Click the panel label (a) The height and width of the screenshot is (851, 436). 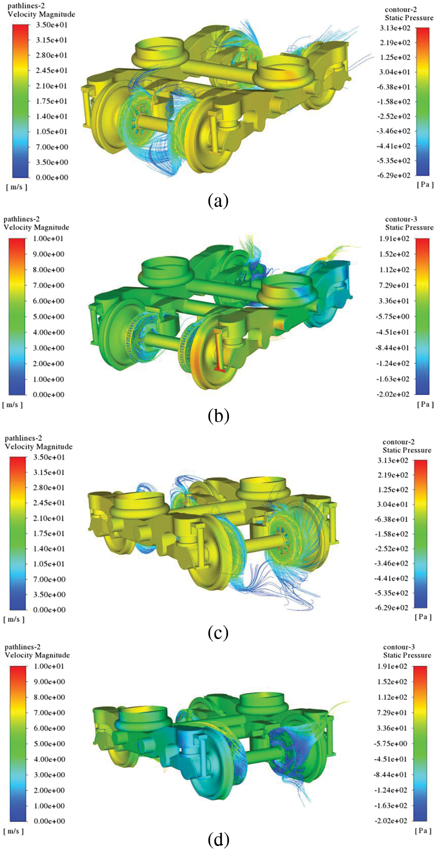tap(218, 200)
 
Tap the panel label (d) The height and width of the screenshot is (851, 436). tap(218, 839)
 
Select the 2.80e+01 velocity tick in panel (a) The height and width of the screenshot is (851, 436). tap(51, 55)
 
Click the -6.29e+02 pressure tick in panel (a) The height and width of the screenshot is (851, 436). tap(394, 175)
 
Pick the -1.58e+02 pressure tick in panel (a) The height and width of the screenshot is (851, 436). tap(394, 101)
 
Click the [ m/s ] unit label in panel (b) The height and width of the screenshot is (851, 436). tap(12, 405)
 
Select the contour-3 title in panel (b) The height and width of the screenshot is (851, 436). tap(401, 219)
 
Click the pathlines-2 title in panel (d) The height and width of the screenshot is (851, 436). tap(23, 647)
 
